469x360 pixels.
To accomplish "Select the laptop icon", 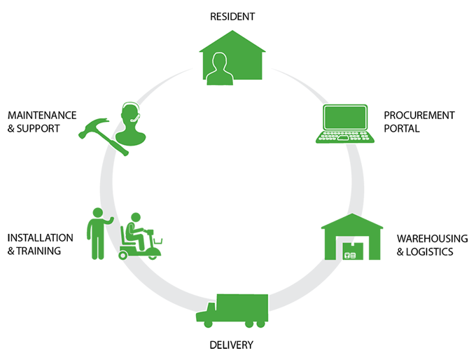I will [345, 123].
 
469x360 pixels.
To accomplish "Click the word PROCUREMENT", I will [419, 115].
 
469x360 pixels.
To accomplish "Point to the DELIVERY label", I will [232, 345].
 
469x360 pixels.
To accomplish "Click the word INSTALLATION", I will [40, 237].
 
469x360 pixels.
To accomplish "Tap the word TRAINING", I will [45, 251].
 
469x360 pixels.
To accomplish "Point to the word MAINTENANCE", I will [41, 115].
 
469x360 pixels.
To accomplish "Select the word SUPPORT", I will [41, 128].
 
